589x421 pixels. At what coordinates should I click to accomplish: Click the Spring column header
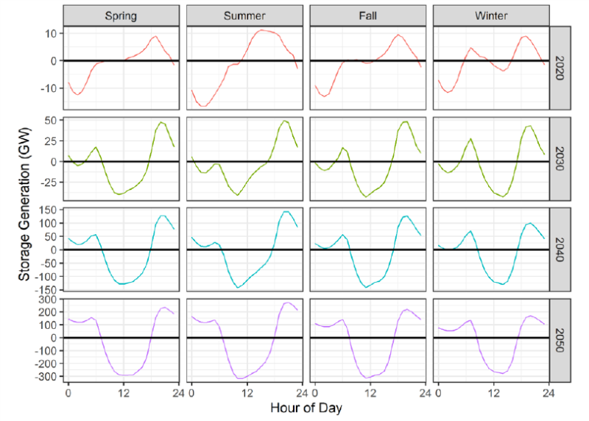pyautogui.click(x=121, y=15)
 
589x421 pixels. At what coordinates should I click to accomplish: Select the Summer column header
pyautogui.click(x=244, y=15)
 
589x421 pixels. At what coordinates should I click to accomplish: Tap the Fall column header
pyautogui.click(x=368, y=15)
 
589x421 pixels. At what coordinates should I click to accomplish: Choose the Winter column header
pyautogui.click(x=491, y=15)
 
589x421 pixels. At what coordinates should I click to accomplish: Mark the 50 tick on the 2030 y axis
pyautogui.click(x=52, y=119)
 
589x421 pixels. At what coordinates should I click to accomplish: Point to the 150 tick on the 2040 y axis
pyautogui.click(x=48, y=210)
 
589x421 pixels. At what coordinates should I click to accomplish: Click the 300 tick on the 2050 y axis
pyautogui.click(x=48, y=300)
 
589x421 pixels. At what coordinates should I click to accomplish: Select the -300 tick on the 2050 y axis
pyautogui.click(x=46, y=377)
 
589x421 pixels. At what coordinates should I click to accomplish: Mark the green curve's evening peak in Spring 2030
pyautogui.click(x=161, y=122)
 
